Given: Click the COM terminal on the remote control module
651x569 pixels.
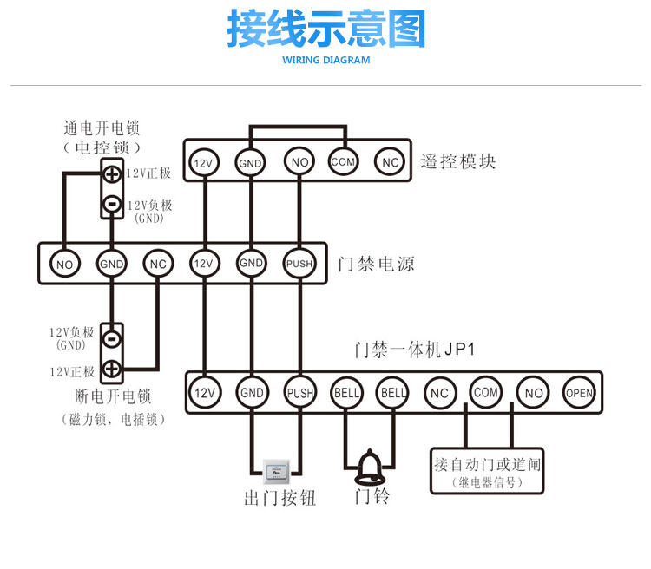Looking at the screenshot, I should (x=344, y=161).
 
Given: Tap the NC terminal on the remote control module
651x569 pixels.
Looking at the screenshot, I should (x=390, y=161).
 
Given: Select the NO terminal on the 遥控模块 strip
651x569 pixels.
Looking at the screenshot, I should (x=298, y=162).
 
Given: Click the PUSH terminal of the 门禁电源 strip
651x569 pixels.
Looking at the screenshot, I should (x=298, y=264).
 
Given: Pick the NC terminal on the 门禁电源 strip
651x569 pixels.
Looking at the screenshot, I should (x=157, y=264).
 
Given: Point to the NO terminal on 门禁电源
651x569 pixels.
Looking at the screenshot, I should (x=63, y=264).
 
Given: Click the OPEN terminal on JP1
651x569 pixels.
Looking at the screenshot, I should (x=579, y=393).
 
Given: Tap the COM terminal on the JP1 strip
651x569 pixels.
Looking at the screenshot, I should (x=486, y=392).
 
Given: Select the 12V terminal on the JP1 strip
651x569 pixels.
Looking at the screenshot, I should (x=204, y=393).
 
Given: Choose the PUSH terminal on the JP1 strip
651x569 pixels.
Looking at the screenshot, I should (x=299, y=393).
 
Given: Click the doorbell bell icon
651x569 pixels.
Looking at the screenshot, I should (x=369, y=466).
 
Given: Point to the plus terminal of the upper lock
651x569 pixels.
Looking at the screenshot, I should (x=111, y=173).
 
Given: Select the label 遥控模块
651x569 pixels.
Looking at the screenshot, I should (x=458, y=160).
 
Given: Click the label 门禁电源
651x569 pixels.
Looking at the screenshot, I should (x=377, y=264).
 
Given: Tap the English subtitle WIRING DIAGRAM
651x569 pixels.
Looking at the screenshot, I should (x=326, y=61).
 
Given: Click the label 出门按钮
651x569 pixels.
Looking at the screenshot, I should (x=279, y=498).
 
